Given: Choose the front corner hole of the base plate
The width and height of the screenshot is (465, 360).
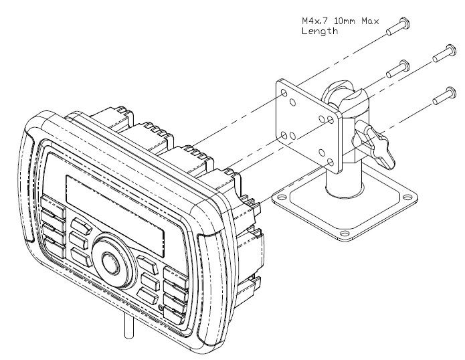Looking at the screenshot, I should (x=343, y=234).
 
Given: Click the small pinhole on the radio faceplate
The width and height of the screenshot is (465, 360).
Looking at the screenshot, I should (x=161, y=307).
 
